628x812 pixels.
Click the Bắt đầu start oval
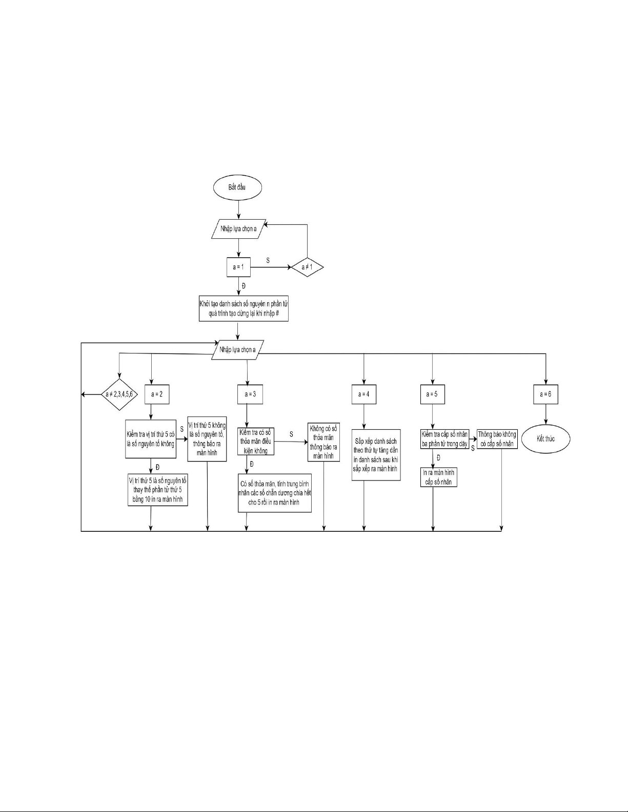tap(237, 188)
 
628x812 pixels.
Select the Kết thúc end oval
tap(545, 439)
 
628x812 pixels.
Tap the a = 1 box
tap(238, 267)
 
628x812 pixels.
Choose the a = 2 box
tap(157, 394)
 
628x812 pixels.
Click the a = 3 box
tap(250, 394)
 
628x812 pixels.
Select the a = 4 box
tap(364, 394)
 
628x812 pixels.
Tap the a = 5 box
tap(432, 394)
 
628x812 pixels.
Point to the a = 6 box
tap(545, 394)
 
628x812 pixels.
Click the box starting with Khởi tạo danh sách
tap(244, 308)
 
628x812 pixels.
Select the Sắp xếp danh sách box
tap(376, 455)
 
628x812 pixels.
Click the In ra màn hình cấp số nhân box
tap(438, 476)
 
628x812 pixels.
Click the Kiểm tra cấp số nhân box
tap(444, 440)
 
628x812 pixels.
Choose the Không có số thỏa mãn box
tap(324, 442)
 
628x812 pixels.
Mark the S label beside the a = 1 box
tap(268, 260)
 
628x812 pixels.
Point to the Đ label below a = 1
tap(244, 285)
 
